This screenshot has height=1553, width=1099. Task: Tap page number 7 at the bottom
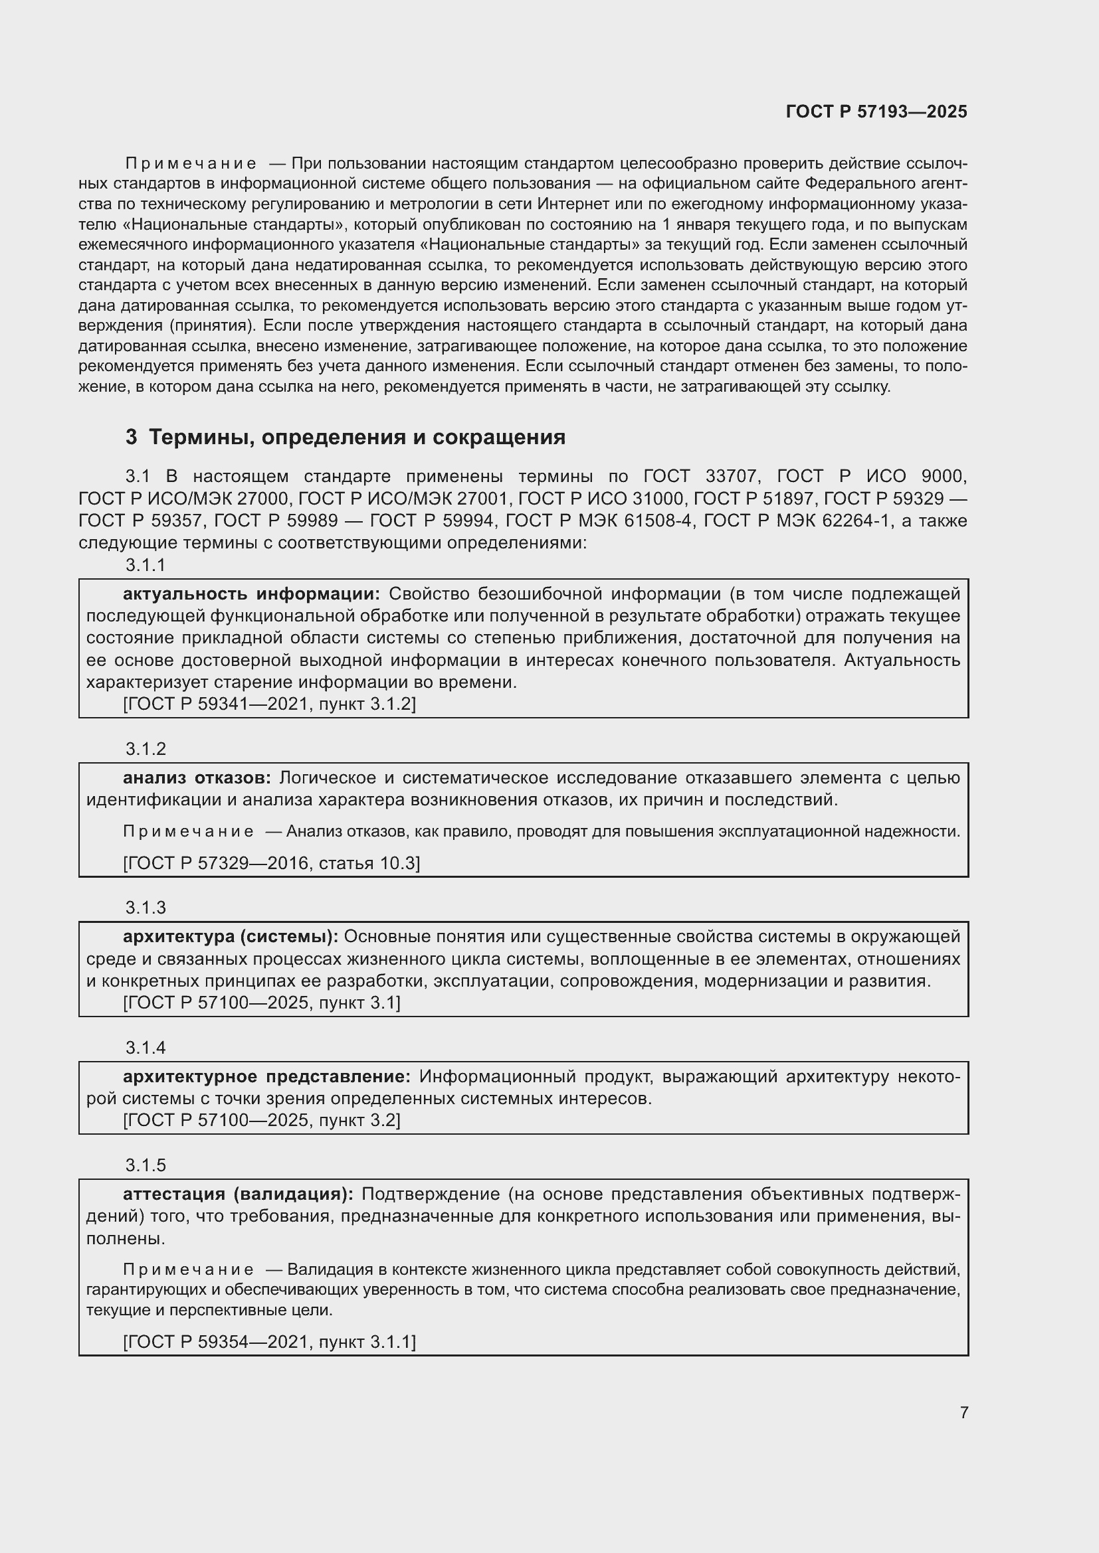(x=963, y=1412)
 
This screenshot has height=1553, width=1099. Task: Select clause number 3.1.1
(x=146, y=565)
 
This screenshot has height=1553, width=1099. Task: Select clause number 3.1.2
(x=146, y=749)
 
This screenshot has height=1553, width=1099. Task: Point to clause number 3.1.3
(x=146, y=907)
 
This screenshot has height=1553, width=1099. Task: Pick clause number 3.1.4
(x=146, y=1047)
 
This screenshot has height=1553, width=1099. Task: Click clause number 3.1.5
(x=146, y=1165)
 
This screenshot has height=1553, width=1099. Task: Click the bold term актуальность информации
(x=251, y=594)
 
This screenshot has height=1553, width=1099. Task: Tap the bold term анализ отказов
(x=196, y=778)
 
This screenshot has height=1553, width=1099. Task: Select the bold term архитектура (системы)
(x=230, y=936)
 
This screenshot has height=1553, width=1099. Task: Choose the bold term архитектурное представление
(x=266, y=1076)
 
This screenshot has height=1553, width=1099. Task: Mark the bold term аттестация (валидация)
(x=237, y=1194)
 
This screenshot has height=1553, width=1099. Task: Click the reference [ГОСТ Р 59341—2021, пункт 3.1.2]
(x=269, y=704)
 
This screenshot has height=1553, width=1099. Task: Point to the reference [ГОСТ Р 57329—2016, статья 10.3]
(x=271, y=863)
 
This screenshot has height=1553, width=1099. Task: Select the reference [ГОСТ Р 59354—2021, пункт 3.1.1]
(x=269, y=1341)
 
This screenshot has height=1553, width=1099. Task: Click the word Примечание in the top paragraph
(x=191, y=164)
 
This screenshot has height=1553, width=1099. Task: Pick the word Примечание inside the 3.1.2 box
(x=188, y=831)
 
